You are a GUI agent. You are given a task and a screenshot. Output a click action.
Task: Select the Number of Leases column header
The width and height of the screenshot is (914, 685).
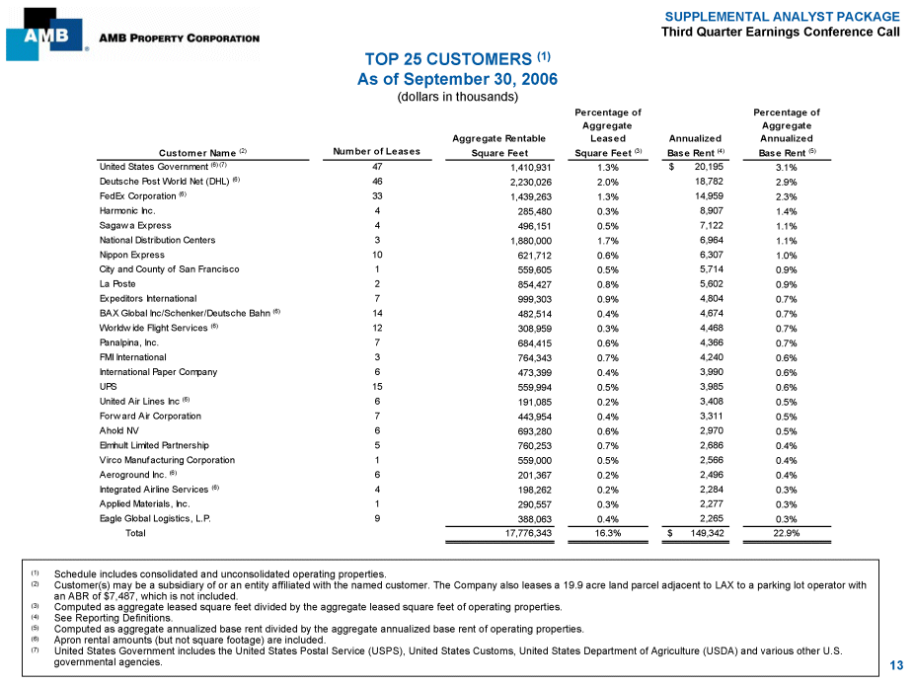tap(376, 152)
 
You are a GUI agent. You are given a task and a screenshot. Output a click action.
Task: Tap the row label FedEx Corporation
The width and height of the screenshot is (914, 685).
tap(143, 196)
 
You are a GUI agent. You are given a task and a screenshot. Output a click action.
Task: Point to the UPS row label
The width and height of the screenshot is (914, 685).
tap(108, 387)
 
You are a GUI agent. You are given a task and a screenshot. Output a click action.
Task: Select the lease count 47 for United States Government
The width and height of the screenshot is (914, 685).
tap(376, 168)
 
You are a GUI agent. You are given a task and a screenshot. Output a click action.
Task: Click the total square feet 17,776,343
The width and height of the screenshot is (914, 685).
tap(522, 533)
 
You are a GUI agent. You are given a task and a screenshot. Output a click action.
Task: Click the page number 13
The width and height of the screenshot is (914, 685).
tap(895, 666)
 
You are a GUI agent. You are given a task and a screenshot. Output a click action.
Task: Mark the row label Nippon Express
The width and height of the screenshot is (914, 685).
tap(131, 255)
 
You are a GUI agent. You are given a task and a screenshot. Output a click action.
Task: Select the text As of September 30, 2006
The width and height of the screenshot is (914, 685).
tap(456, 79)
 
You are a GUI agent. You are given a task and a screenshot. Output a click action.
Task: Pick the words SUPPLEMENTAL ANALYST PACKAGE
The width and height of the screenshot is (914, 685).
tap(782, 17)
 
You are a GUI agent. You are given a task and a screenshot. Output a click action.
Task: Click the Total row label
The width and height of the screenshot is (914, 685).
tap(135, 533)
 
